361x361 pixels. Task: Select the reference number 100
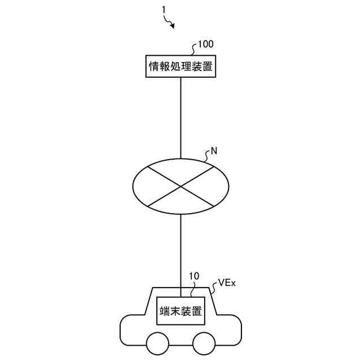pyautogui.click(x=204, y=43)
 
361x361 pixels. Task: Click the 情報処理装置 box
pyautogui.click(x=180, y=67)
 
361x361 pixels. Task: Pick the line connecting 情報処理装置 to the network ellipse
pyautogui.click(x=180, y=118)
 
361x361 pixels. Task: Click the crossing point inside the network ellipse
pyautogui.click(x=180, y=185)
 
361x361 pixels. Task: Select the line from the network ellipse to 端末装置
pyautogui.click(x=180, y=248)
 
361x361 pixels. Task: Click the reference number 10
pyautogui.click(x=193, y=276)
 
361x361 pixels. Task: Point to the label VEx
pyautogui.click(x=227, y=283)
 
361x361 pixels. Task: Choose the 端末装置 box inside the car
pyautogui.click(x=180, y=311)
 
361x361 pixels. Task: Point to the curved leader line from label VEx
pyautogui.click(x=214, y=288)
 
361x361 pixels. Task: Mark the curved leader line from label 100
pyautogui.click(x=195, y=50)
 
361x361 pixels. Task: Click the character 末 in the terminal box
pyautogui.click(x=176, y=311)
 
